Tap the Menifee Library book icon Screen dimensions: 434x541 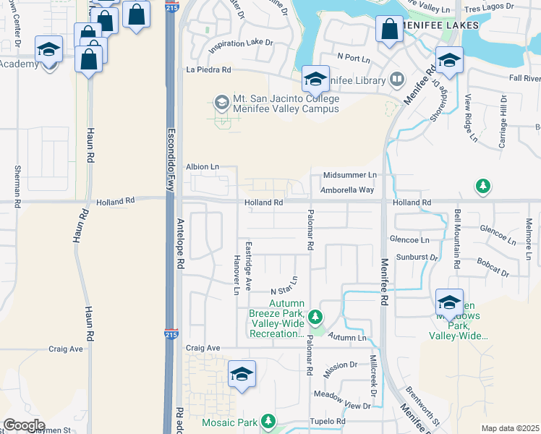point(397,79)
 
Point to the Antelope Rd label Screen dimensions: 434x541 point(179,244)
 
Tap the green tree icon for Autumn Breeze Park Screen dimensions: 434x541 point(315,316)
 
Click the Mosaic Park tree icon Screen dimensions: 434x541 point(268,420)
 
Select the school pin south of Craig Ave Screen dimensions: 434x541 point(242,374)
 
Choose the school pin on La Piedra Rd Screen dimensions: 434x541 point(315,78)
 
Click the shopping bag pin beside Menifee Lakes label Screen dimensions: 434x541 point(389,30)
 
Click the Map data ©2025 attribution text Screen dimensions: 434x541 point(510,428)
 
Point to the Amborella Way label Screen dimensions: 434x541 point(349,190)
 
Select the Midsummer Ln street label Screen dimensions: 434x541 point(350,175)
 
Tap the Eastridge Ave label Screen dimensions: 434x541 point(248,266)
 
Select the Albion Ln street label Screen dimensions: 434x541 point(203,166)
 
